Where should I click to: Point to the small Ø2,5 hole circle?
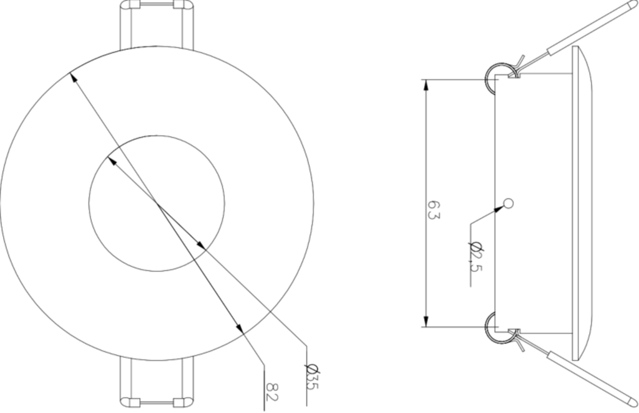pos(508,202)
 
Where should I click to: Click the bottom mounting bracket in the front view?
pos(157,384)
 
